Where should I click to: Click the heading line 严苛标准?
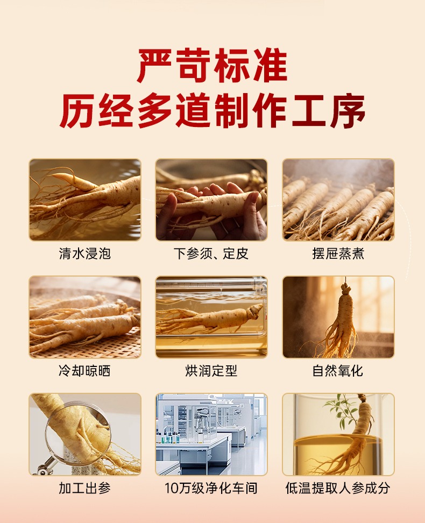pyautogui.click(x=212, y=66)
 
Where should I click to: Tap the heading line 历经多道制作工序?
pyautogui.click(x=212, y=111)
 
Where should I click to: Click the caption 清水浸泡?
pyautogui.click(x=85, y=253)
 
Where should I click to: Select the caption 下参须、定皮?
pyautogui.click(x=211, y=253)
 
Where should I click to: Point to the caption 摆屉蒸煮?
pyautogui.click(x=338, y=253)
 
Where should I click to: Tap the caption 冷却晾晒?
pyautogui.click(x=85, y=371)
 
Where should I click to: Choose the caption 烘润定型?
pyautogui.click(x=211, y=371)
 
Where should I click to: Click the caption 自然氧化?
pyautogui.click(x=338, y=371)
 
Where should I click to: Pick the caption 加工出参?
pyautogui.click(x=85, y=488)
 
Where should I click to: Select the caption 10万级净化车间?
pyautogui.click(x=211, y=488)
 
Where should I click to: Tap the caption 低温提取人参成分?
pyautogui.click(x=338, y=488)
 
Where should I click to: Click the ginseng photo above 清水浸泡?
pyautogui.click(x=85, y=200)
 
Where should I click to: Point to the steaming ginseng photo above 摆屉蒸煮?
pyautogui.click(x=338, y=200)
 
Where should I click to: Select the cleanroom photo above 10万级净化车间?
pyautogui.click(x=211, y=434)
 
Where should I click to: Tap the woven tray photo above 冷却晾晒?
pyautogui.click(x=85, y=317)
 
